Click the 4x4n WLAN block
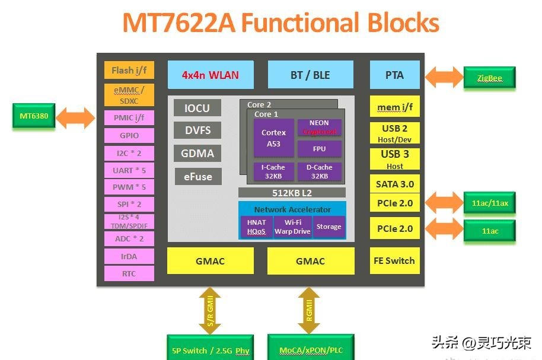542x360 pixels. pos(211,75)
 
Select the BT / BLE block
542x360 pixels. pos(311,75)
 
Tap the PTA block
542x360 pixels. pos(394,75)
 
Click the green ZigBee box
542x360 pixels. pos(489,78)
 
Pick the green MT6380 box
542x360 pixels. pos(34,116)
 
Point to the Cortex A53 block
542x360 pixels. pos(273,138)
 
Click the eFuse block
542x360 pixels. pos(197,176)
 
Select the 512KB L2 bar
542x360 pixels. pos(292,192)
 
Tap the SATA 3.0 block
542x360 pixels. pos(394,184)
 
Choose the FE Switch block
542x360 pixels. pos(394,261)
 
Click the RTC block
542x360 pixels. pos(129,273)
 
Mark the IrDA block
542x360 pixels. pos(129,256)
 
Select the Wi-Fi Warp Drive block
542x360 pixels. pos(292,227)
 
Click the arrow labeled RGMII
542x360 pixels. pos(309,310)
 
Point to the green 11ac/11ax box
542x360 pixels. pos(489,203)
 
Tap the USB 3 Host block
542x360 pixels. pos(394,159)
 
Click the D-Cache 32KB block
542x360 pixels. pos(319,171)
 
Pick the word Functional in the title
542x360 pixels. pos(300,23)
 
